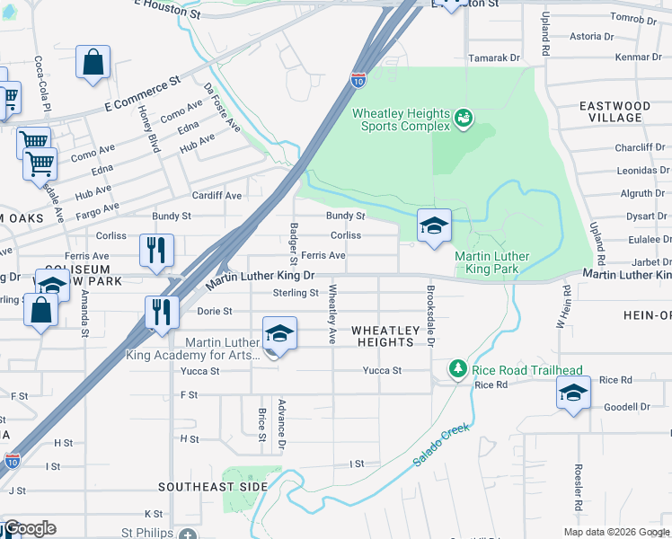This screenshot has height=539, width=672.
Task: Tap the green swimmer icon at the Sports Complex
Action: (464, 118)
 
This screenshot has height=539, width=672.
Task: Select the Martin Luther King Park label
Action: (491, 262)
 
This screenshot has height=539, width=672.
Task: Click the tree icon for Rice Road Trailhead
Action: (457, 369)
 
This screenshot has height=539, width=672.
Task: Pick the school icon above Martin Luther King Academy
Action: (279, 334)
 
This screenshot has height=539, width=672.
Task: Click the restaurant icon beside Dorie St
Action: (162, 313)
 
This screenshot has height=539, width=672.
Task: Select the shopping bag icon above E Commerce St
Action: (93, 63)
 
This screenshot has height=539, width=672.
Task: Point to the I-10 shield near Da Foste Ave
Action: (358, 79)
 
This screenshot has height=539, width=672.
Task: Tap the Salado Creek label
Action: (441, 445)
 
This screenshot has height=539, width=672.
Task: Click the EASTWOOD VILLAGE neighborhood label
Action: (615, 111)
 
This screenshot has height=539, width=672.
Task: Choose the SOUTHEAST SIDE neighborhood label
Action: (213, 486)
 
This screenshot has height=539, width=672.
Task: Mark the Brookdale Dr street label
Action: (430, 318)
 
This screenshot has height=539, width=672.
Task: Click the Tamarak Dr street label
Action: (495, 57)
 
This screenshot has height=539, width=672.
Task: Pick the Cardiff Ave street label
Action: (217, 195)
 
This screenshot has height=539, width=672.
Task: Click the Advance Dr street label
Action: (281, 425)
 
